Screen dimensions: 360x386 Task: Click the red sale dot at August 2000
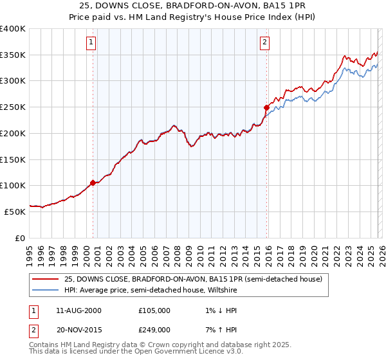[x=93, y=183]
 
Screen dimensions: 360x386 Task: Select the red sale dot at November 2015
[x=266, y=107]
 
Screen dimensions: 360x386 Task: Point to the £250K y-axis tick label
[x=13, y=107]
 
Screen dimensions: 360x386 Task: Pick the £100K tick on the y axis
[x=13, y=185]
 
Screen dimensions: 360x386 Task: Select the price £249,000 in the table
[x=154, y=330]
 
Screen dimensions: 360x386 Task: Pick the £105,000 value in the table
[x=154, y=310]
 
